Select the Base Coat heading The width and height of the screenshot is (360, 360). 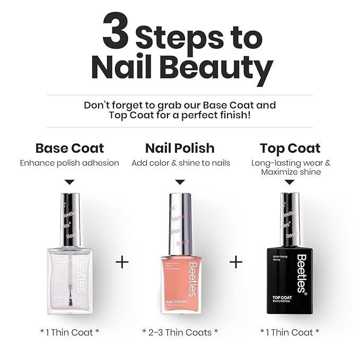point(69,148)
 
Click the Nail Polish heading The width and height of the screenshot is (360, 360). point(180,148)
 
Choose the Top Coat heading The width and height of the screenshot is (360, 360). point(290,148)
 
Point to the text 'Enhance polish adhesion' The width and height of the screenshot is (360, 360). point(69,163)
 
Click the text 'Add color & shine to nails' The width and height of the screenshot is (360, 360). point(180,163)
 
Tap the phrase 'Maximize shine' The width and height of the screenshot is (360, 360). point(290,172)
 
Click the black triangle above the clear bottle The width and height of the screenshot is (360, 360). point(70,182)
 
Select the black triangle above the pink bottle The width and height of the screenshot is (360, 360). point(180,182)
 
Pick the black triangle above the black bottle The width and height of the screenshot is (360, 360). point(290,182)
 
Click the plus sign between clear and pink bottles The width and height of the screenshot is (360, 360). point(122,262)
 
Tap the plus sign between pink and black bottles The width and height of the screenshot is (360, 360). point(236,262)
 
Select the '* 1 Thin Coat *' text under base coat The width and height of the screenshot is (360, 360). point(69,332)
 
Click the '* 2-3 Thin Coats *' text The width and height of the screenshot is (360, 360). point(180,332)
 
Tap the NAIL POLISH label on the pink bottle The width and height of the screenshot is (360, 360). point(173,300)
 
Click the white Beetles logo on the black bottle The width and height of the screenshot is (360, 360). point(301,273)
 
